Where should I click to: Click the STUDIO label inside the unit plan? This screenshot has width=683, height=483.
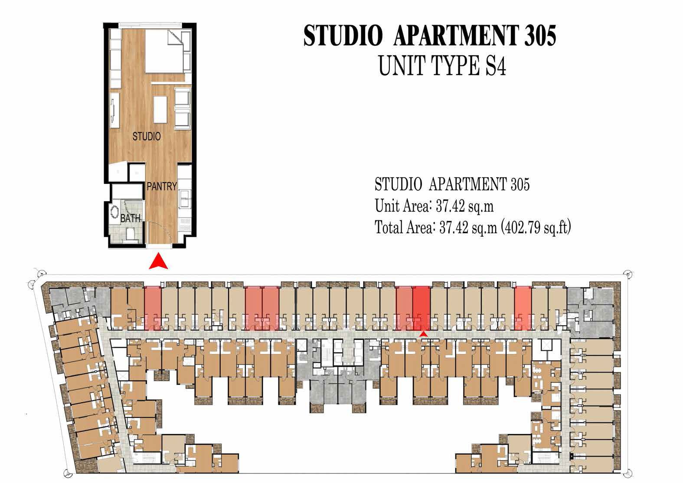click(x=147, y=137)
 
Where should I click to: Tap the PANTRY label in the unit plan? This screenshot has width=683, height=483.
click(x=161, y=186)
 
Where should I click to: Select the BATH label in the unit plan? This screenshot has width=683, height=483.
click(x=130, y=218)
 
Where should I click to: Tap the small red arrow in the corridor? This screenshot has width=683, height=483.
click(x=423, y=333)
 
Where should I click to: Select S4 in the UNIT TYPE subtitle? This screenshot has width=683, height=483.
click(x=494, y=67)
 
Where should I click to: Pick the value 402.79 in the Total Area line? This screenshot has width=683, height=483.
click(x=524, y=227)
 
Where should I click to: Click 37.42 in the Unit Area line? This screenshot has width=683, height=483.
click(x=450, y=206)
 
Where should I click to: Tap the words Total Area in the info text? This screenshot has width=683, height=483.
click(x=403, y=227)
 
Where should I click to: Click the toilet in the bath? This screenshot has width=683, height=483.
click(x=129, y=235)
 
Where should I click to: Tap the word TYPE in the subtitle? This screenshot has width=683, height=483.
click(x=454, y=67)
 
